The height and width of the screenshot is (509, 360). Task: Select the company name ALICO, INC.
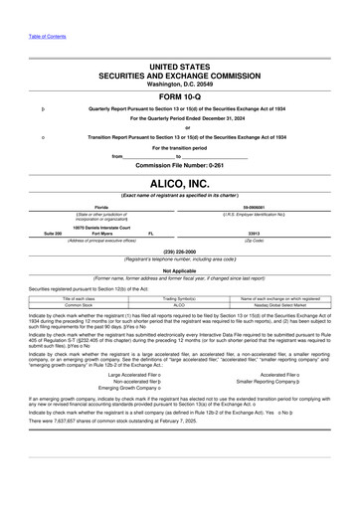pyautogui.click(x=180, y=183)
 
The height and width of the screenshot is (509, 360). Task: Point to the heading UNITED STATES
pyautogui.click(x=180, y=65)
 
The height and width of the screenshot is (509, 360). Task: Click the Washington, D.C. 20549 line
pyautogui.click(x=180, y=83)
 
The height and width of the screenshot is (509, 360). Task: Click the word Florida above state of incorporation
pyautogui.click(x=95, y=206)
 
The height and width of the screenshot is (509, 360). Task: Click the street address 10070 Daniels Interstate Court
pyautogui.click(x=94, y=227)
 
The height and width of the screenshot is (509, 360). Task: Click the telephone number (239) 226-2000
pyautogui.click(x=180, y=251)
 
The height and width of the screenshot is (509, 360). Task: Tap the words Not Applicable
pyautogui.click(x=180, y=269)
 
